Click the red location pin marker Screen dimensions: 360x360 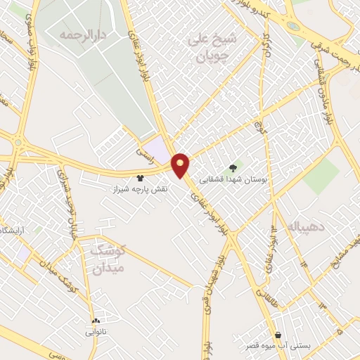click(x=181, y=165)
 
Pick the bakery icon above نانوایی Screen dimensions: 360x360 click(x=95, y=320)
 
